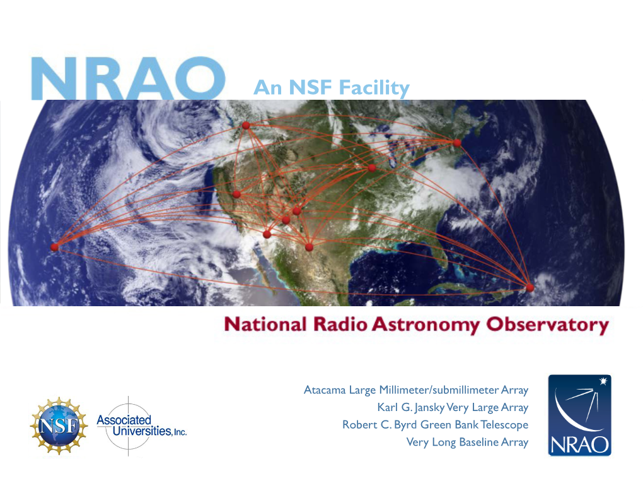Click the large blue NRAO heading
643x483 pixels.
pos(129,78)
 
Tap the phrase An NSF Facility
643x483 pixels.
pos(332,88)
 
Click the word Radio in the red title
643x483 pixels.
pos(340,324)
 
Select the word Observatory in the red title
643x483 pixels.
pos(547,325)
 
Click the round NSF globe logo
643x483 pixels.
pos(59,426)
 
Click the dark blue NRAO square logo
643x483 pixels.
pos(579,415)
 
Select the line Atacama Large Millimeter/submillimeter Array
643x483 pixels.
pos(416,390)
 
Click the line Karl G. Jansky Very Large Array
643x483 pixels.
pos(453,407)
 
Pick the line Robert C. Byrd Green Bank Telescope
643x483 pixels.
pos(435,425)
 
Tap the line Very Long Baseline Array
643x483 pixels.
pos(467,442)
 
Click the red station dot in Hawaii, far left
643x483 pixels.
pos(55,247)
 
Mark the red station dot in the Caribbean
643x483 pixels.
pos(530,287)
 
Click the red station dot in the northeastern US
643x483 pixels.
pos(457,143)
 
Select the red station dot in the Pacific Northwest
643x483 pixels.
pos(246,125)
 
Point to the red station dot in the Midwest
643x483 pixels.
pos(372,167)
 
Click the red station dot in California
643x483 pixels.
pos(236,194)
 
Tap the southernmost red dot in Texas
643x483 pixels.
pos(309,247)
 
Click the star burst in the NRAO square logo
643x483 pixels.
pos(603,381)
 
